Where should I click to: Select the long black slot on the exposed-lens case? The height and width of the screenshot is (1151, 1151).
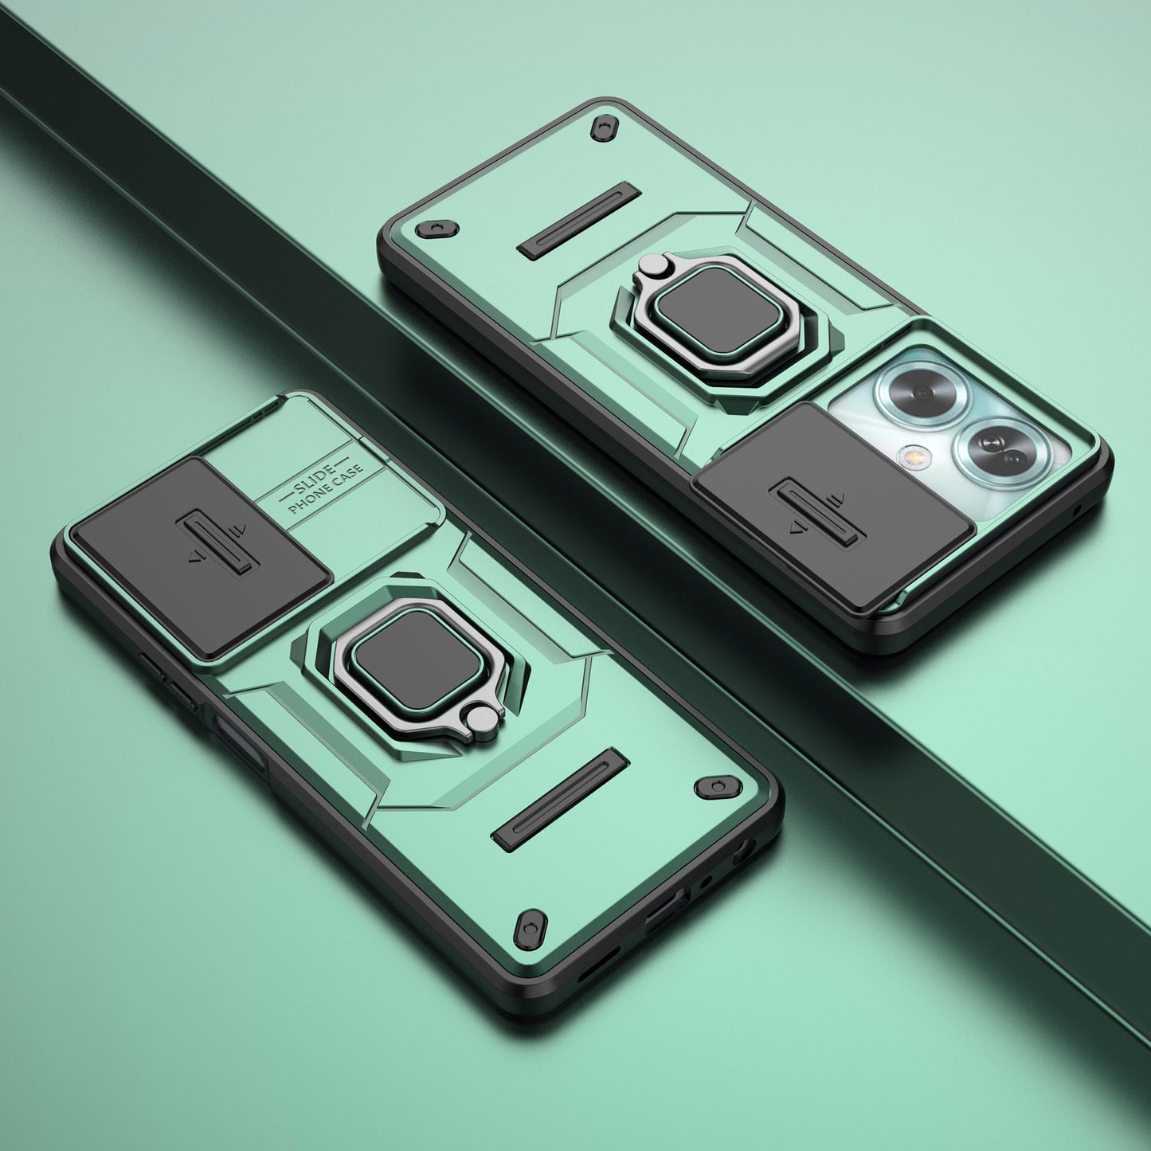click(x=579, y=221)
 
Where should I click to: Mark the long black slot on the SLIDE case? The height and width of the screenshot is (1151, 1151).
click(x=560, y=797)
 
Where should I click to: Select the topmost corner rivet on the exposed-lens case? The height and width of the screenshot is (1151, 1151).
click(x=605, y=127)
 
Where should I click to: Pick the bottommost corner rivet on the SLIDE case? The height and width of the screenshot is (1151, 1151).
click(x=530, y=928)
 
